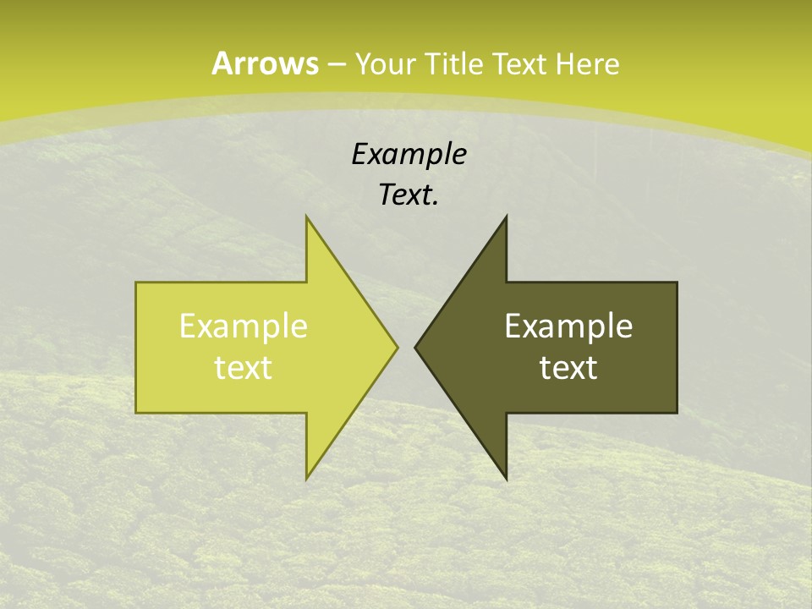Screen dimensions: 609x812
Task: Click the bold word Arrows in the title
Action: tap(265, 63)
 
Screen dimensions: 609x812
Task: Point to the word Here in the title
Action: tap(588, 63)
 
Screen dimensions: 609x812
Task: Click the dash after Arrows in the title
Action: tap(337, 65)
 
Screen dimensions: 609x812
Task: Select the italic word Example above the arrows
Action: tap(409, 154)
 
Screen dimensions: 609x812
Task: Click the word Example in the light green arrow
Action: tap(244, 326)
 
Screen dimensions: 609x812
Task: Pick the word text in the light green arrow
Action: tap(244, 368)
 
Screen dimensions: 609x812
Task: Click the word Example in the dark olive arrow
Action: tap(568, 326)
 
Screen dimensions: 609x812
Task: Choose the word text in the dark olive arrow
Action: tap(568, 368)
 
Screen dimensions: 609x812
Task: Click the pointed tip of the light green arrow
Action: tap(397, 347)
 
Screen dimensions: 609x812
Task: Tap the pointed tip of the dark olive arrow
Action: tap(416, 347)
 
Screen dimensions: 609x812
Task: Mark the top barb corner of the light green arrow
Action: tap(307, 217)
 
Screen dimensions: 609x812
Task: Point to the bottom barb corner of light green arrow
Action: tap(307, 479)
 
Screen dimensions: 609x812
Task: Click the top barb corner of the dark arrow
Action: tap(506, 217)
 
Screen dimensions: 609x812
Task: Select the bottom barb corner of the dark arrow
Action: tap(506, 479)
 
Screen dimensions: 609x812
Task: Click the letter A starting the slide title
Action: tap(221, 63)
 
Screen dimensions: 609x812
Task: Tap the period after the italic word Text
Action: tap(436, 203)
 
